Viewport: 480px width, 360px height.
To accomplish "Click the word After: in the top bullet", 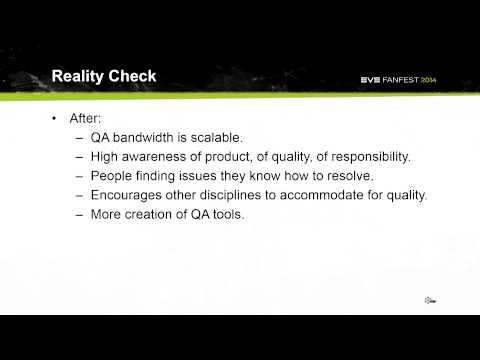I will (x=87, y=118).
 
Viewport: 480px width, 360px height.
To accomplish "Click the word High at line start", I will (x=107, y=156).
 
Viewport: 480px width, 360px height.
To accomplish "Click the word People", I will (x=114, y=175).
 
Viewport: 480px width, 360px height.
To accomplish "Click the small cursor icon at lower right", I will (x=428, y=300).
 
